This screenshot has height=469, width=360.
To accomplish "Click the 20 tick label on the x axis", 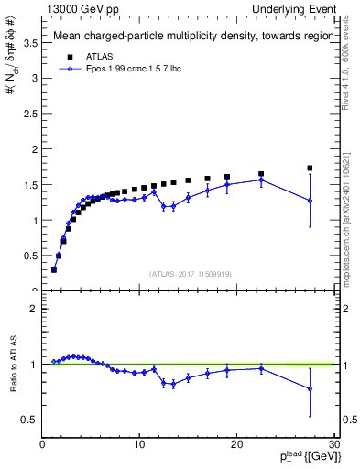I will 236,444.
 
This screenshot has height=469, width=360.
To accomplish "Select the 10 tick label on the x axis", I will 139,444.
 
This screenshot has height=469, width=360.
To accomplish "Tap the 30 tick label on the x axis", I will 333,444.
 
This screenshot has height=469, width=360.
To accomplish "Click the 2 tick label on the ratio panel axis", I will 34,309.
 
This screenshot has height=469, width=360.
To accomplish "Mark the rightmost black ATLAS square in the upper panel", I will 310,168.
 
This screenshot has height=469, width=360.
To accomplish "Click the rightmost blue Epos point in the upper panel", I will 310,201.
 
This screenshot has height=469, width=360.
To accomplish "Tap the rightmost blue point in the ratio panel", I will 310,389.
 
